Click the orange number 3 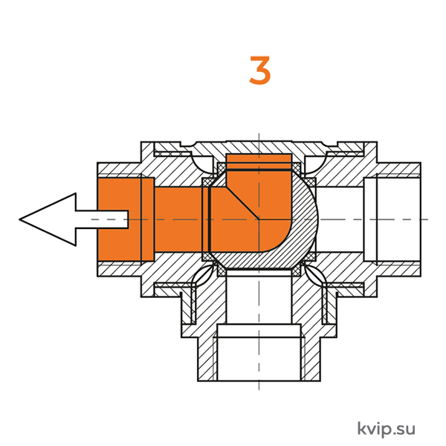(x=259, y=71)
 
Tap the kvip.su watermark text (x=386, y=429)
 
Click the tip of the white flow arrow (x=20, y=219)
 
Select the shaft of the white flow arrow (x=102, y=219)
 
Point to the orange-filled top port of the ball (x=259, y=162)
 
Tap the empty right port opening (x=392, y=219)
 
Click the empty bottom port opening (x=259, y=359)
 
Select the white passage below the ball (x=259, y=297)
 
